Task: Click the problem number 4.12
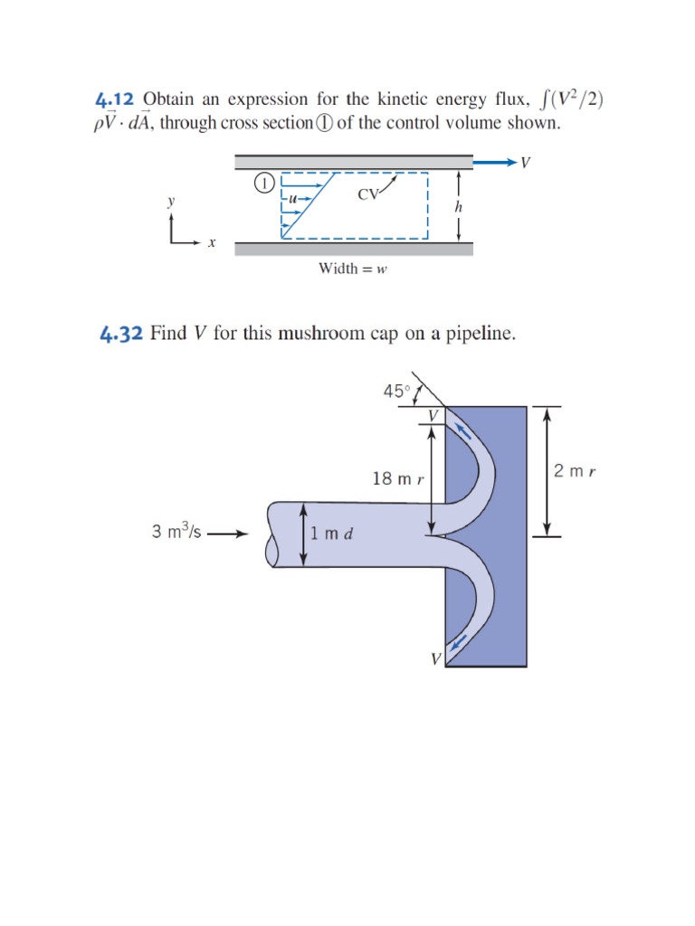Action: click(117, 100)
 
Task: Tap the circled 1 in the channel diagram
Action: click(262, 184)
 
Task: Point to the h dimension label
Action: click(458, 206)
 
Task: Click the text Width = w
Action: click(352, 269)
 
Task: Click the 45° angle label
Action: click(396, 391)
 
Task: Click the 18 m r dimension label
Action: click(398, 478)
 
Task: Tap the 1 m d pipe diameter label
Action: click(331, 533)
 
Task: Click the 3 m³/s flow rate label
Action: click(176, 532)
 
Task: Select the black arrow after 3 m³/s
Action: click(226, 534)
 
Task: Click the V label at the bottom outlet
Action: click(435, 660)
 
